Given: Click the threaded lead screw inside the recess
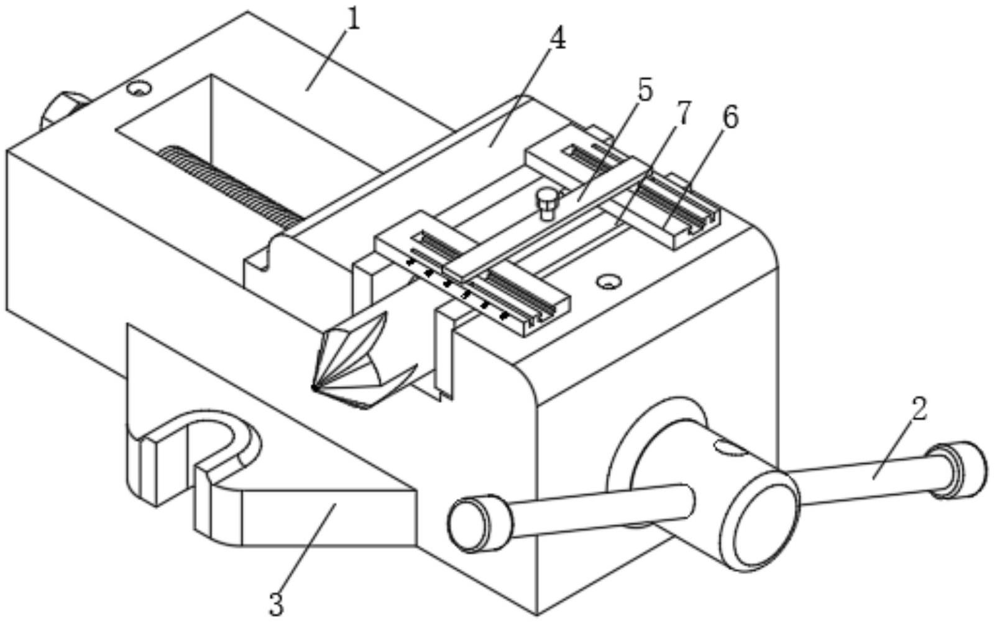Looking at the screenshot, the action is (x=231, y=186).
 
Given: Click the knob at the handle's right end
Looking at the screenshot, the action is (x=956, y=471).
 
